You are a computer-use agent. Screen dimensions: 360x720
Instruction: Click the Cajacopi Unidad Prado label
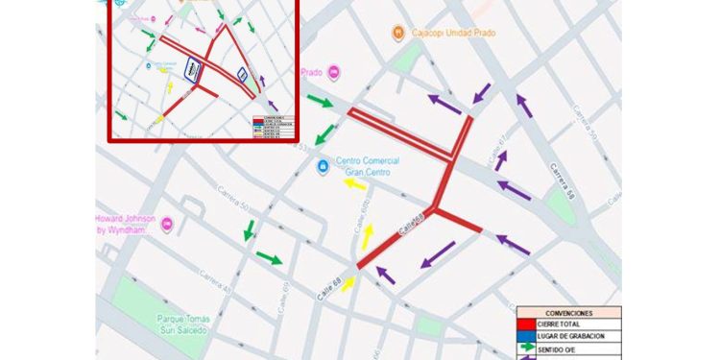(x=448, y=34)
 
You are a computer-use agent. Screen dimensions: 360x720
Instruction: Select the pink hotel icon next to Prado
(x=334, y=72)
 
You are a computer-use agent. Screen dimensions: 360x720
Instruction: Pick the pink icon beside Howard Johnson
(x=167, y=224)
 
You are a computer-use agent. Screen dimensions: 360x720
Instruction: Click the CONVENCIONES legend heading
(x=567, y=313)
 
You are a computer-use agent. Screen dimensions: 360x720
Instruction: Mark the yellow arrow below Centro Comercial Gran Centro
(x=354, y=182)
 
